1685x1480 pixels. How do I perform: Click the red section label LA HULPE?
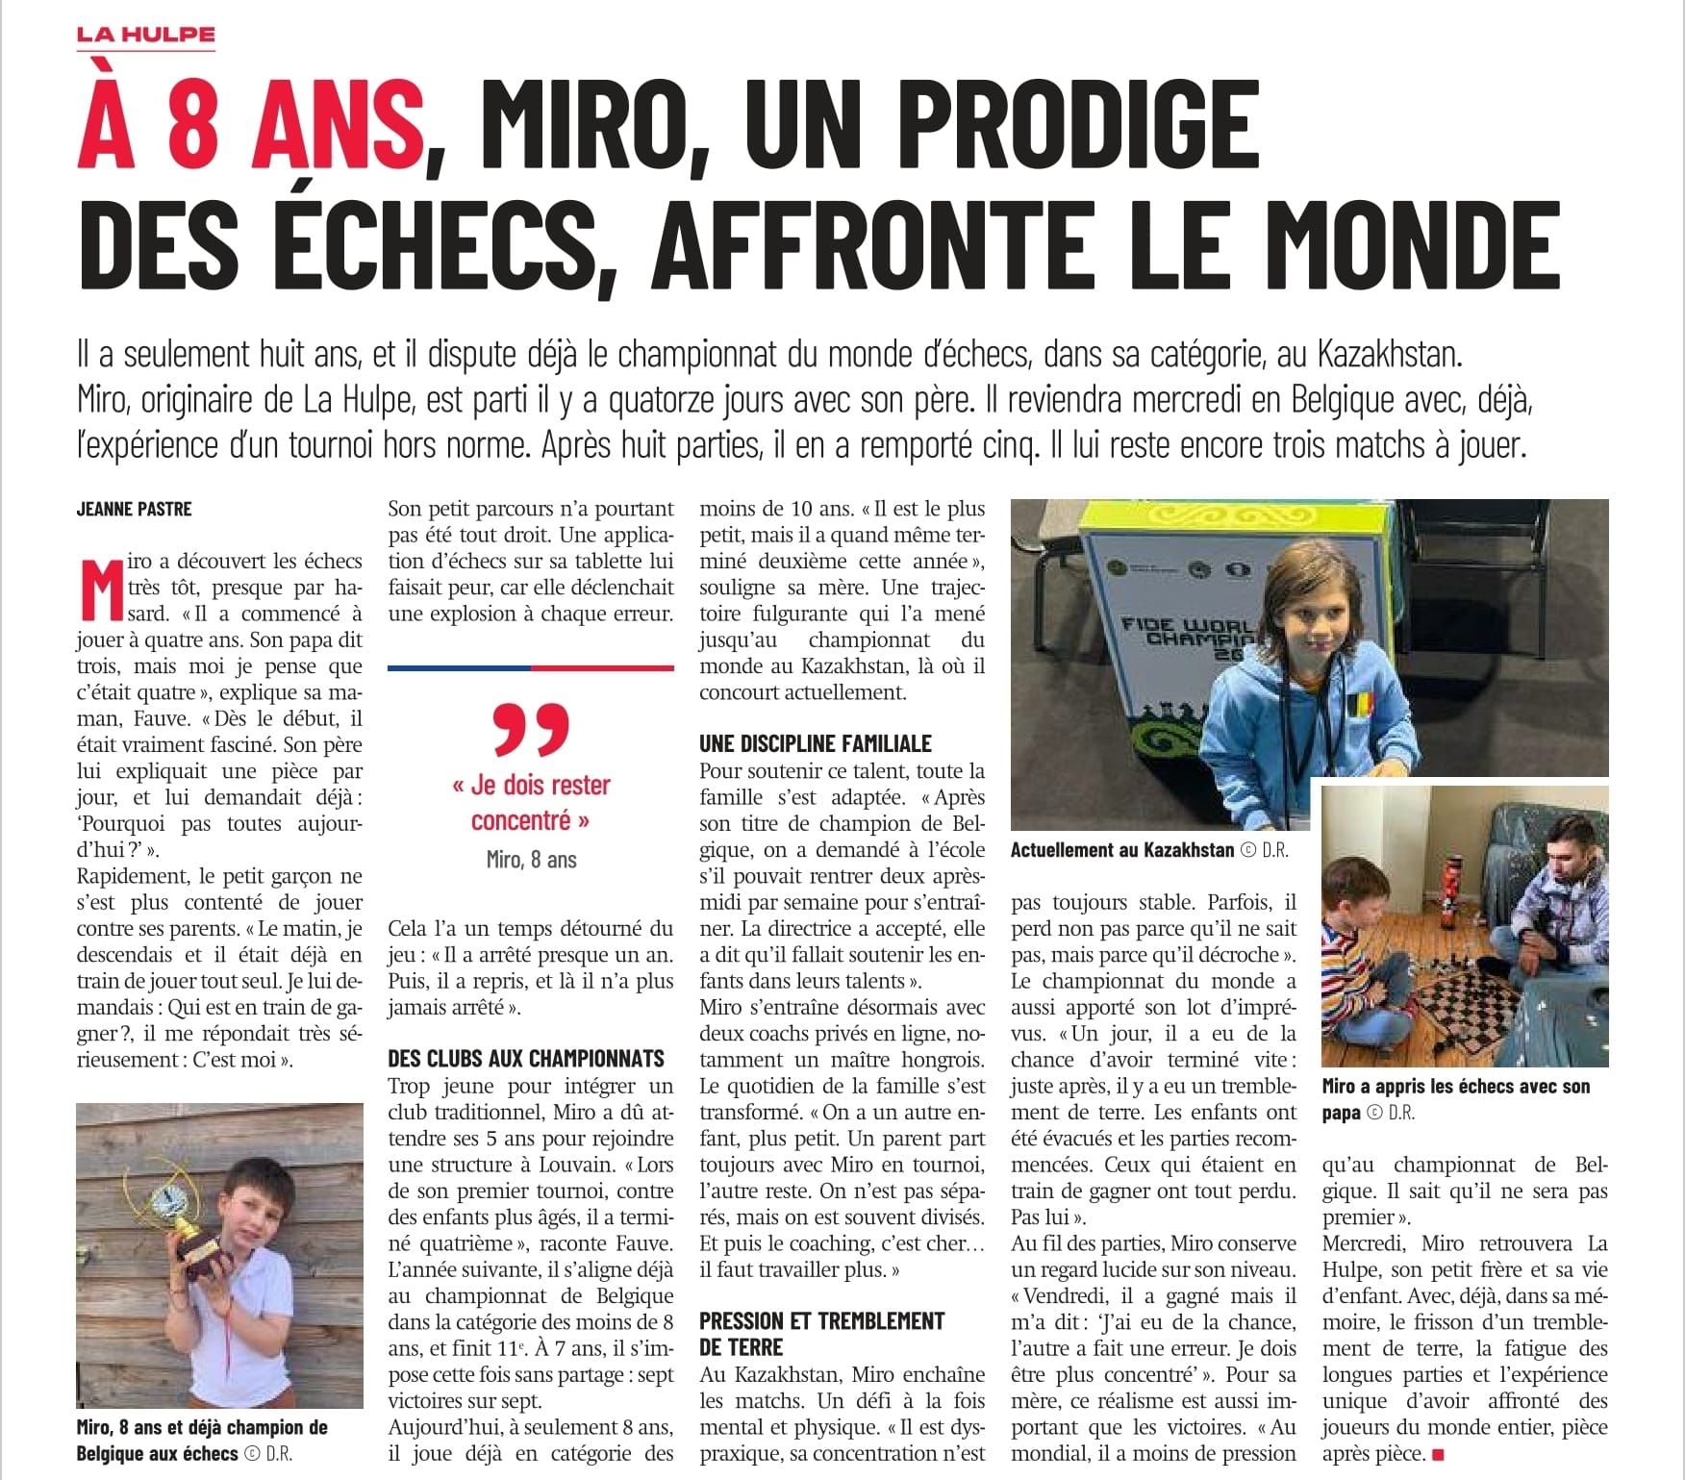tap(146, 36)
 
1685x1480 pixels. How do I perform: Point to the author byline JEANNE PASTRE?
tap(134, 510)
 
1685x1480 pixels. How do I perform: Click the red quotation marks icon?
tap(531, 730)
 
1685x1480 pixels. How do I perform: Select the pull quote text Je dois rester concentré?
tap(531, 802)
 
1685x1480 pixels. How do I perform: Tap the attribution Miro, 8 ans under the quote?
tap(531, 860)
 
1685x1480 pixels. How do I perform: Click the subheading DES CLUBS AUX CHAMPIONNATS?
tap(526, 1059)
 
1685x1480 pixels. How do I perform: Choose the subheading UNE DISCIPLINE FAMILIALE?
tap(816, 743)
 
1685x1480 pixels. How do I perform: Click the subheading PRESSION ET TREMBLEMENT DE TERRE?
tap(822, 1333)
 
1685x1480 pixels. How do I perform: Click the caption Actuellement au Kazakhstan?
tap(1122, 850)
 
